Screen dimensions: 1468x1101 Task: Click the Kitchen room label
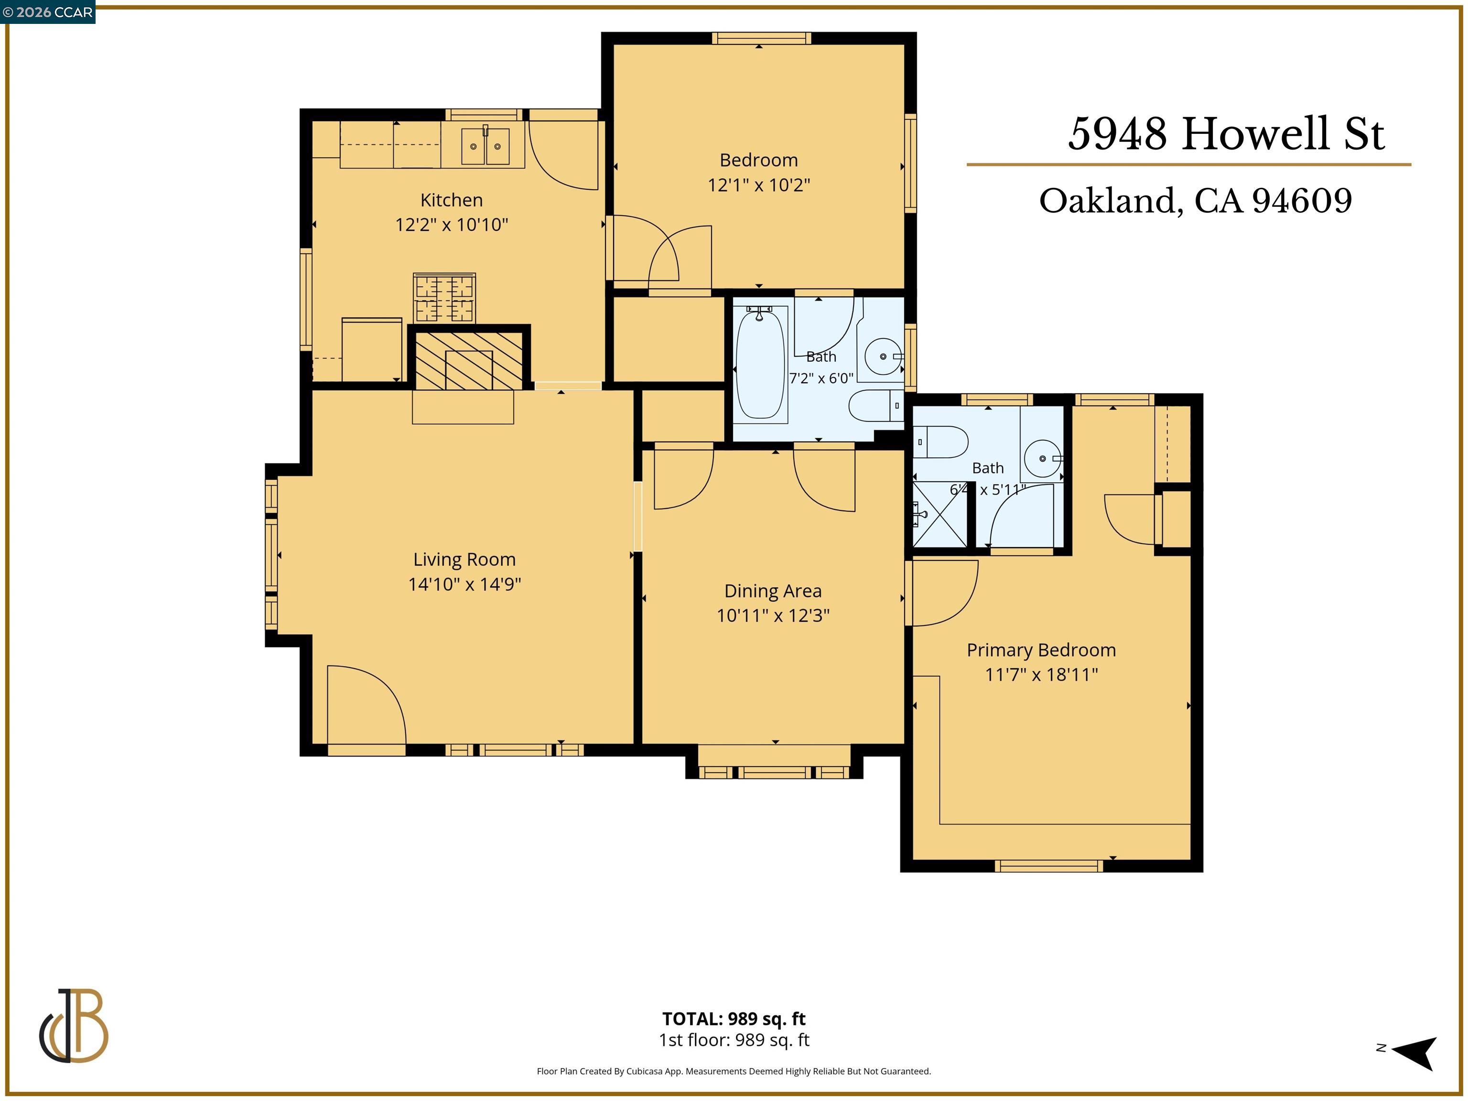(x=451, y=200)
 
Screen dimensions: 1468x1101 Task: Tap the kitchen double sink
(x=485, y=146)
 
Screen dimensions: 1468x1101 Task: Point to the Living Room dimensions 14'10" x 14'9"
(x=464, y=584)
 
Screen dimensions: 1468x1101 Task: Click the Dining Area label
(x=773, y=591)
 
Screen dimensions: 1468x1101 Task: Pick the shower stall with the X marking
(x=940, y=514)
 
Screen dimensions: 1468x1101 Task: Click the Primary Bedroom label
(x=1041, y=650)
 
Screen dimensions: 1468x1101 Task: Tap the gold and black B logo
(x=74, y=1025)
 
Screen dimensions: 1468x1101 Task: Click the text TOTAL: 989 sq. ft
(x=734, y=1019)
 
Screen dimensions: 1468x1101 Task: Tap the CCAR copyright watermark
(x=48, y=12)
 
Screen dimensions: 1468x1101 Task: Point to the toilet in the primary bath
(x=940, y=442)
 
